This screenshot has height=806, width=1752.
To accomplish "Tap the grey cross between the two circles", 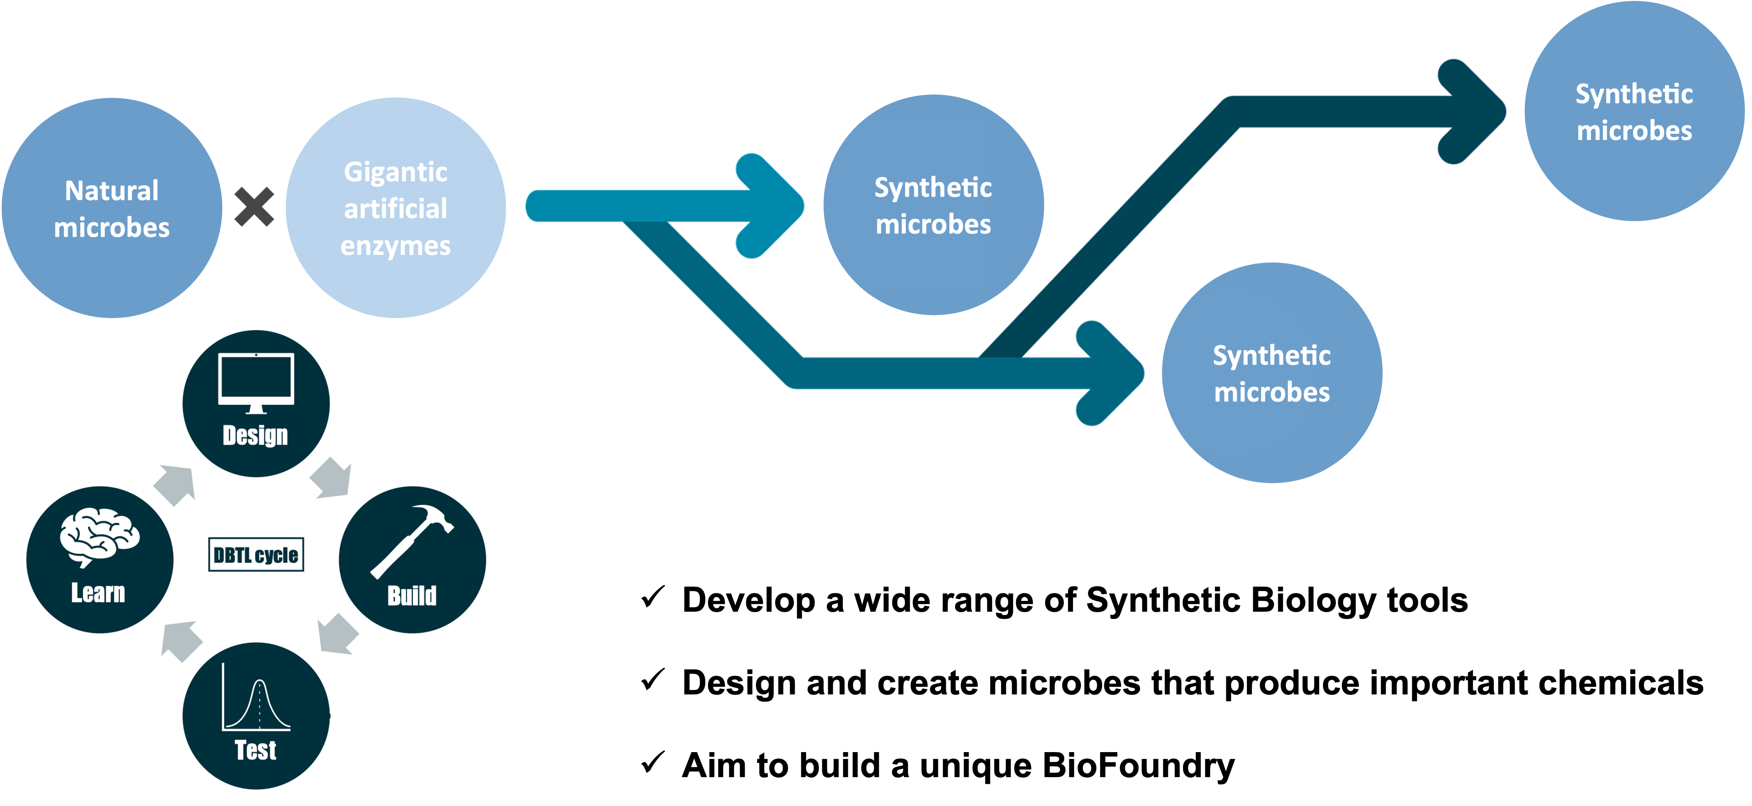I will [254, 207].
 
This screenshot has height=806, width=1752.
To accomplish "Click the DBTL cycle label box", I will [256, 555].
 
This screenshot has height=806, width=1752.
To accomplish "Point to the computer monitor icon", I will [256, 382].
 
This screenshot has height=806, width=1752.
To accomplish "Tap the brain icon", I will [99, 537].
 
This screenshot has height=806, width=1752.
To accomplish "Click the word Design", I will [256, 435].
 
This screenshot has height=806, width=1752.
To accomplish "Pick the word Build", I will [412, 596].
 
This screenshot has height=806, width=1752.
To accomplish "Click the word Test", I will [256, 750].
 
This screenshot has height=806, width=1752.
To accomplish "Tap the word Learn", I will [99, 593].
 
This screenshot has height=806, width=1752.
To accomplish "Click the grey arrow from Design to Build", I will [331, 478].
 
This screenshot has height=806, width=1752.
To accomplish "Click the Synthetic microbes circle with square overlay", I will [933, 206].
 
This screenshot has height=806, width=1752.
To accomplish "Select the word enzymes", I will [396, 246].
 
